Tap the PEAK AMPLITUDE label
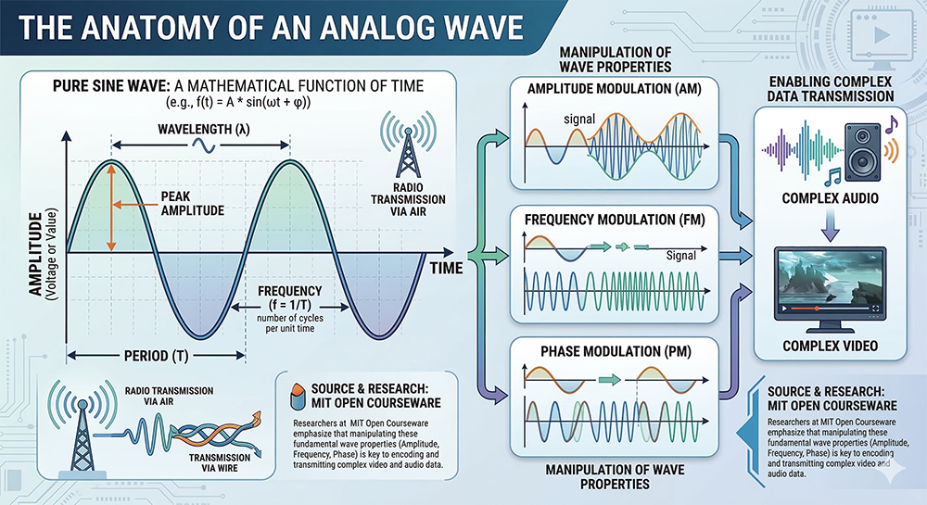click(x=193, y=204)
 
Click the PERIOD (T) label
click(x=156, y=356)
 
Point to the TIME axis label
click(x=447, y=269)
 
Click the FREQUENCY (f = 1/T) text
click(x=289, y=298)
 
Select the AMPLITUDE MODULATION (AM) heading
click(x=615, y=89)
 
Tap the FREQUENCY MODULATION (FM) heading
click(x=615, y=220)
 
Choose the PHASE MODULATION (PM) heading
click(x=616, y=352)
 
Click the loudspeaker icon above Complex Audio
click(x=862, y=152)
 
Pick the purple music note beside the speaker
click(x=891, y=124)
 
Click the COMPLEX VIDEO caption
click(x=830, y=347)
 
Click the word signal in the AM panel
click(x=579, y=119)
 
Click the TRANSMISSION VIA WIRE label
click(x=220, y=463)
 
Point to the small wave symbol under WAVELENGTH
click(x=202, y=145)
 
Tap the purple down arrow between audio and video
click(x=830, y=227)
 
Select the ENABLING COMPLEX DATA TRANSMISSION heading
click(x=830, y=89)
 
